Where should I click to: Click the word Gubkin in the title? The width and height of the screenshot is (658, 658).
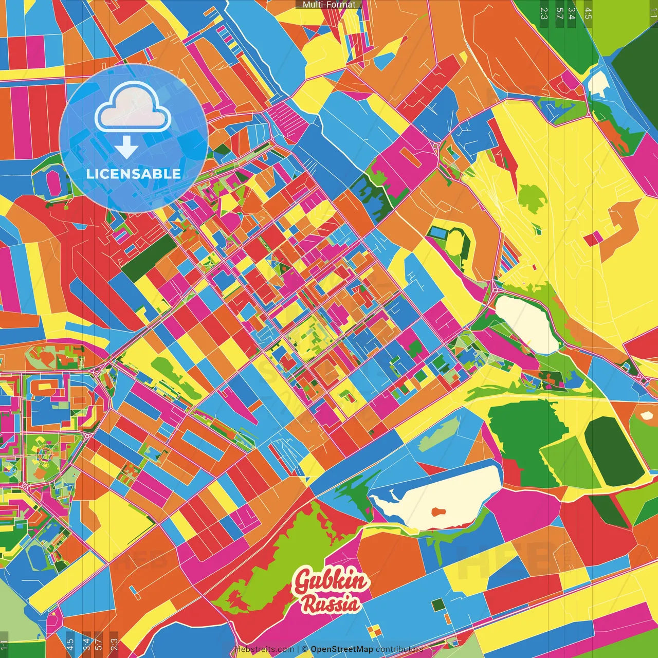331,581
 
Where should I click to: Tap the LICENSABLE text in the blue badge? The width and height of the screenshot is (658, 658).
134,174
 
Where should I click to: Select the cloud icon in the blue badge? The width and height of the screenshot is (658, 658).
133,108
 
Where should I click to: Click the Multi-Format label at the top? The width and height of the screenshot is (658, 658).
329,5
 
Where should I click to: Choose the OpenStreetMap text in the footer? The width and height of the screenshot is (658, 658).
342,649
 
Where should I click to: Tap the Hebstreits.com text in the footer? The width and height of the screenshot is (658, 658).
264,649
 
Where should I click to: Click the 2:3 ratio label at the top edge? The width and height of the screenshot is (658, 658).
544,13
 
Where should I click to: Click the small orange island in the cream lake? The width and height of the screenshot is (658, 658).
437,511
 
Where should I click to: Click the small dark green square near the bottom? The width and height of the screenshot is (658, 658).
438,605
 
